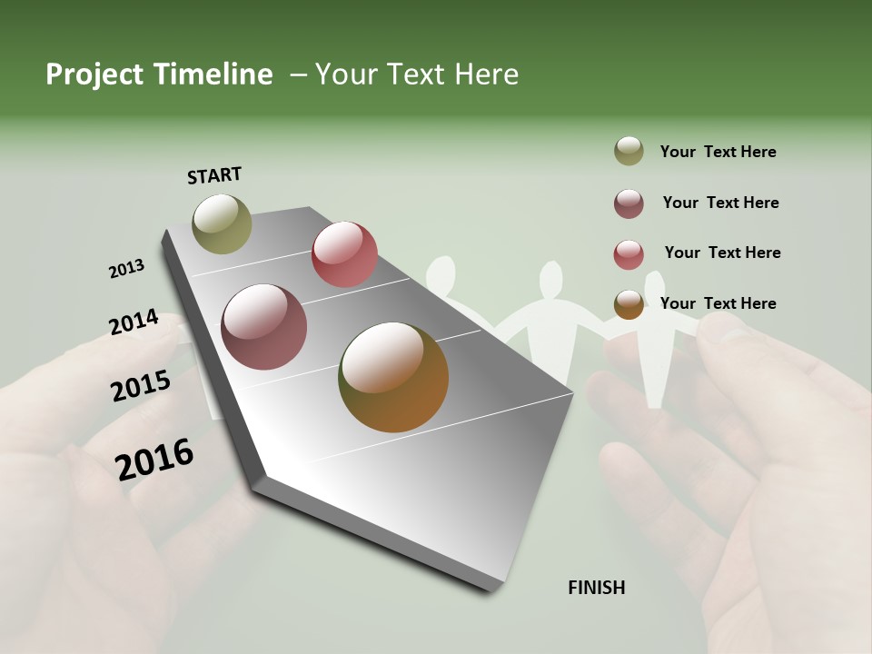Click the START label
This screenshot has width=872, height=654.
214,175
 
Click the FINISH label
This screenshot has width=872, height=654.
597,588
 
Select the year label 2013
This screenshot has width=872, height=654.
126,269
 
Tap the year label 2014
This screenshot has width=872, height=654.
134,322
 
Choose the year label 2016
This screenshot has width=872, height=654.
154,459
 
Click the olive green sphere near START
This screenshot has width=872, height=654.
222,223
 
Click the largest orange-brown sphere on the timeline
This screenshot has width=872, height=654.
393,377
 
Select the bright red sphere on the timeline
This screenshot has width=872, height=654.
344,254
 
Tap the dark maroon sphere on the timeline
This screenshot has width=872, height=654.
263,327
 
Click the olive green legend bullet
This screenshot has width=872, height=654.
629,151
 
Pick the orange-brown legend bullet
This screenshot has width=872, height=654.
629,304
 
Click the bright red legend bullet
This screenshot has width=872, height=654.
629,254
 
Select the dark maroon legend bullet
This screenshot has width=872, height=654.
629,203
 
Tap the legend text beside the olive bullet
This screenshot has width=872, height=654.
718,152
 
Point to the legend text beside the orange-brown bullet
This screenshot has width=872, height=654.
718,303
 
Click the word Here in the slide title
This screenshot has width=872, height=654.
486,74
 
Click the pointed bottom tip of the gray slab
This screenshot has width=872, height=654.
491,589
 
